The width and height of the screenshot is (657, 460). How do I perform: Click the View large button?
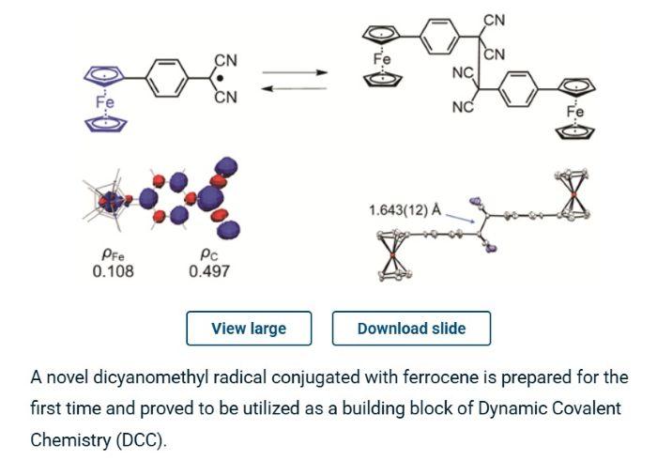(249, 329)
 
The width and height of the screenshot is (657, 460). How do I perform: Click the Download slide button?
(411, 329)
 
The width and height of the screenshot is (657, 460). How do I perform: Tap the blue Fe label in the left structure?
(105, 101)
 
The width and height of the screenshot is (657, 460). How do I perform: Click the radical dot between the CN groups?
(221, 79)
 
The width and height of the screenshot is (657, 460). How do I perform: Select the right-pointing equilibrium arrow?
(295, 72)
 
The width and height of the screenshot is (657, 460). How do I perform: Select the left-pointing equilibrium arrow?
(295, 88)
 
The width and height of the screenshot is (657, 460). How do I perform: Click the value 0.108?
(114, 271)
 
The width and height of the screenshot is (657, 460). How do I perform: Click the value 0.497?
(209, 271)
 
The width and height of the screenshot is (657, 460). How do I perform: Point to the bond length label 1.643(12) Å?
(405, 210)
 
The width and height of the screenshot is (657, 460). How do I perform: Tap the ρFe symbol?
(113, 254)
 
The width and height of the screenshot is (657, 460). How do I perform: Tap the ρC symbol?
(209, 254)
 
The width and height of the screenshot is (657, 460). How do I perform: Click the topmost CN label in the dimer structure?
(495, 20)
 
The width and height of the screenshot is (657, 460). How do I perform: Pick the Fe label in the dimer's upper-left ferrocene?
(382, 59)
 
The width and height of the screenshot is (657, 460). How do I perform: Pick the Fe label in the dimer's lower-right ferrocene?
(575, 112)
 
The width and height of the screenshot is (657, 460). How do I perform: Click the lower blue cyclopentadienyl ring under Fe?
(105, 124)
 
